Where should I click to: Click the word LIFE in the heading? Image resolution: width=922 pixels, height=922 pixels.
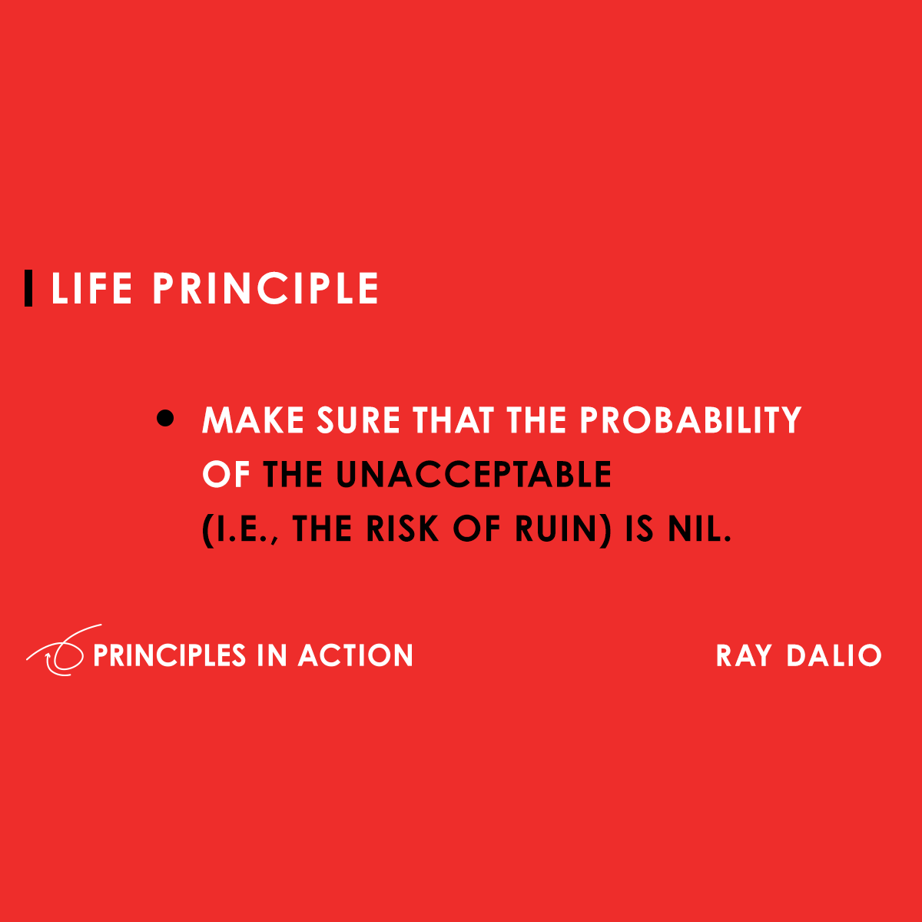91,289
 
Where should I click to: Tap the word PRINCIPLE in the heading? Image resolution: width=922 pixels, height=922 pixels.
266,289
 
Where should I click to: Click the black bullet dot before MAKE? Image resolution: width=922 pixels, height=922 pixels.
165,420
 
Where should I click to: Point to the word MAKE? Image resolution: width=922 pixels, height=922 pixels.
253,420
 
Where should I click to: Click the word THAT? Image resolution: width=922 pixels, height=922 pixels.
454,420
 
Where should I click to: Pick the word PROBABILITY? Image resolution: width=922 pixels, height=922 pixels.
690,420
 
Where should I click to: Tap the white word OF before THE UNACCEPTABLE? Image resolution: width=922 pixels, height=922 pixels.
227,475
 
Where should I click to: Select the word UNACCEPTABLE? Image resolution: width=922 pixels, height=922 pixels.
473,475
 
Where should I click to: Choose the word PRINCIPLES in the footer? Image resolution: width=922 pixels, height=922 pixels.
169,655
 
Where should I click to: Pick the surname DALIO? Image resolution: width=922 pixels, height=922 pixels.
834,655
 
